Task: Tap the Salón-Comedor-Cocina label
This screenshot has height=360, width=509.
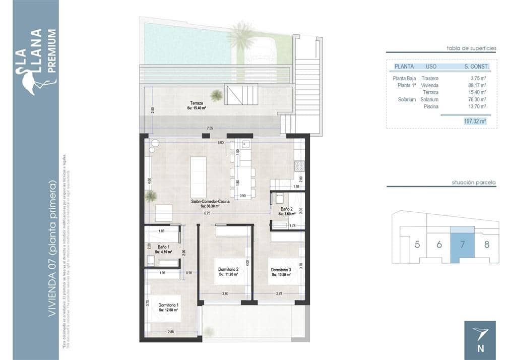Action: [x=211, y=202]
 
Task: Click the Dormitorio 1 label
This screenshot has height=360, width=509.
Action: [x=168, y=305]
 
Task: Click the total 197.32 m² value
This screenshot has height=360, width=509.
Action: [x=475, y=121]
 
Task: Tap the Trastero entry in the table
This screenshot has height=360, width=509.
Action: [x=430, y=78]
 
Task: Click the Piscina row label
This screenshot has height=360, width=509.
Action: [x=431, y=106]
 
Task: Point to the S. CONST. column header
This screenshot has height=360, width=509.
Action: [x=476, y=66]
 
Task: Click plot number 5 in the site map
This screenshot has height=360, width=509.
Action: [x=417, y=245]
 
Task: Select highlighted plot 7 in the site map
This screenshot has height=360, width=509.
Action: [x=462, y=245]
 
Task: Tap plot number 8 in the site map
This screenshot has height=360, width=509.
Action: [x=486, y=245]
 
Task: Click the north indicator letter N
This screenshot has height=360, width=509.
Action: [x=480, y=347]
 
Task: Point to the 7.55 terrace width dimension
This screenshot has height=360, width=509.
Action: [x=211, y=129]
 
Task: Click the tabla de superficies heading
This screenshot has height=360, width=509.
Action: [x=471, y=48]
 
